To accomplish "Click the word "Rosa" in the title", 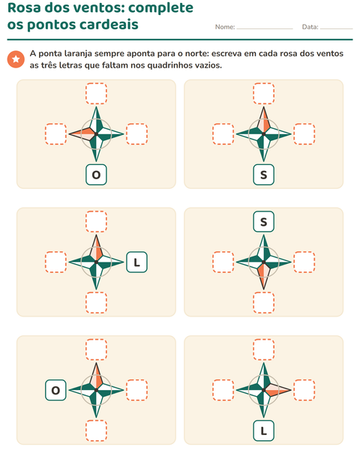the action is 24,7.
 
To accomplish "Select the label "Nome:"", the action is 225,27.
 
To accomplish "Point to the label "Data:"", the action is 310,27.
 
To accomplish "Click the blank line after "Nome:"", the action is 265,28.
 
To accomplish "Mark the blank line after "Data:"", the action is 336,28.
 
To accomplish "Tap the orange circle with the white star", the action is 16,59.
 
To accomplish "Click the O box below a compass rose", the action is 96,175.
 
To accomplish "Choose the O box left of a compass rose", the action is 55,390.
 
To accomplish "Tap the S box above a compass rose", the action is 263,221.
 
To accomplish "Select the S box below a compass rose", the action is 263,175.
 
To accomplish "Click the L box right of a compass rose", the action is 136,262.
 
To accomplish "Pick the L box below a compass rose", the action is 263,431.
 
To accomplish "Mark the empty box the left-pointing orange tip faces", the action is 55,134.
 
